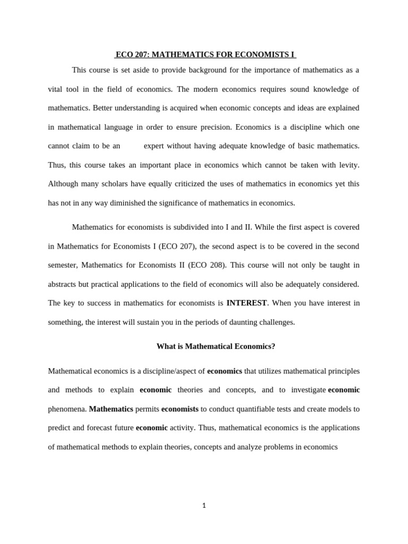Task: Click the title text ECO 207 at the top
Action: pos(133,54)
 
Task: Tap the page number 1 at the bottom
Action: pos(204,505)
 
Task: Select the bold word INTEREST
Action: pos(246,303)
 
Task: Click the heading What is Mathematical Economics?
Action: pos(216,346)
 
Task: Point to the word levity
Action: pos(348,165)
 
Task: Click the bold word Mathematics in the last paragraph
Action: pos(111,409)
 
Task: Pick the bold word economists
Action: pos(180,409)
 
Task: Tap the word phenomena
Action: pos(67,409)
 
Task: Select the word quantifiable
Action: pos(254,409)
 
